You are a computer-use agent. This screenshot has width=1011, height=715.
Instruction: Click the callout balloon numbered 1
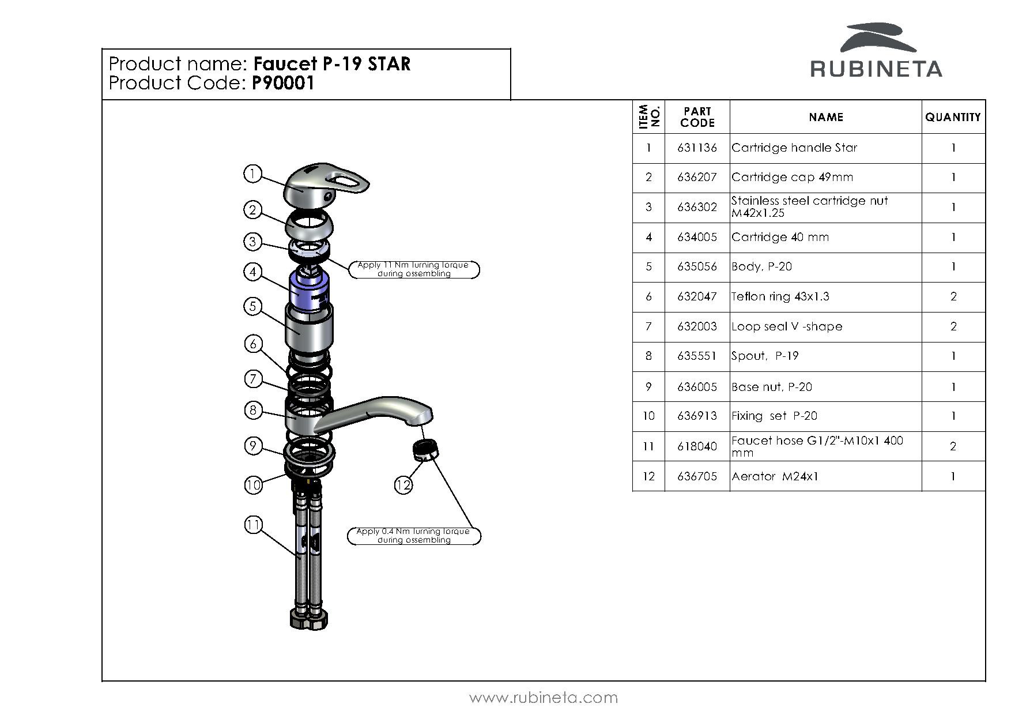(x=252, y=174)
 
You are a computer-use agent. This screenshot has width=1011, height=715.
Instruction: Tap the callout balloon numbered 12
(x=403, y=485)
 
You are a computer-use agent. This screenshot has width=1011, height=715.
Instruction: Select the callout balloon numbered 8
(x=253, y=410)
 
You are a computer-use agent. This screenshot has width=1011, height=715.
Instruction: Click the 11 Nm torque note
(x=413, y=269)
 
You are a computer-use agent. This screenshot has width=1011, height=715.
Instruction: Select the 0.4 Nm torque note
(x=413, y=536)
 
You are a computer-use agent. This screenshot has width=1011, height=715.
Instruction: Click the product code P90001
(x=284, y=84)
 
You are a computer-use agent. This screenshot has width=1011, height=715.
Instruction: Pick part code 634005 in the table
(x=697, y=237)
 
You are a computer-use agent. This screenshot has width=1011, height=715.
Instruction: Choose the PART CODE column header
(x=697, y=117)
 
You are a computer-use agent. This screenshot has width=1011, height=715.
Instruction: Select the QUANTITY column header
(x=953, y=117)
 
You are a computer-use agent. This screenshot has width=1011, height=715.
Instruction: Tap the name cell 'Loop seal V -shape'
(x=787, y=326)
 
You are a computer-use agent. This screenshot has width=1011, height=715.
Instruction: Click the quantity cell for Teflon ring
(x=953, y=296)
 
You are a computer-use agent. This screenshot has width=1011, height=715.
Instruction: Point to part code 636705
(x=697, y=476)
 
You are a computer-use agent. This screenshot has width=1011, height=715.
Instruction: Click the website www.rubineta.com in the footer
(x=544, y=698)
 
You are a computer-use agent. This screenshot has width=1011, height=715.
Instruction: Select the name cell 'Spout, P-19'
(x=765, y=356)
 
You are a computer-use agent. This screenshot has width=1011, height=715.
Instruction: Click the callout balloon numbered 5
(x=252, y=306)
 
